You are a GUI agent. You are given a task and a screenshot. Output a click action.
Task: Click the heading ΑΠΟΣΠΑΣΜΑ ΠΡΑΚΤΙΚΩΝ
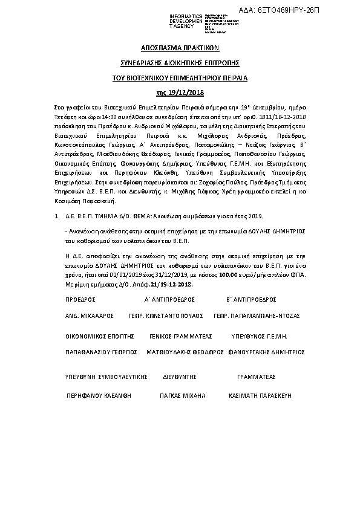(180, 47)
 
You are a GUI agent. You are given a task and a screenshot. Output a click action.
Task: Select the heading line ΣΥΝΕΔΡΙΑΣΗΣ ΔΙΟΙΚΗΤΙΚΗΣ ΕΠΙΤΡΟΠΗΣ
(180, 63)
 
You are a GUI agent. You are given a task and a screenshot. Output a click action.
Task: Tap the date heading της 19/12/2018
(180, 92)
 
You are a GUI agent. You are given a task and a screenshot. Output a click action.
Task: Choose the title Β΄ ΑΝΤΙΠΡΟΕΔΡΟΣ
(251, 299)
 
